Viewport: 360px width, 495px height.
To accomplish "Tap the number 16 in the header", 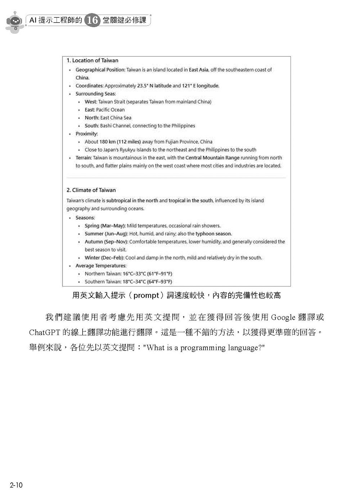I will click(x=93, y=20).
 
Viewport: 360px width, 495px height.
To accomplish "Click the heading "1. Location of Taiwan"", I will click(x=92, y=60).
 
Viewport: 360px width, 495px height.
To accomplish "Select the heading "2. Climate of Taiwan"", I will click(x=91, y=190).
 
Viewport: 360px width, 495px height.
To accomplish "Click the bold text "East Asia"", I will click(x=199, y=70).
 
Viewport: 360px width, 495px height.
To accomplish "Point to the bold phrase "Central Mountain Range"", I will click(x=212, y=158).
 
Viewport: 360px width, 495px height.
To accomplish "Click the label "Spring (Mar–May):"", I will click(x=105, y=226).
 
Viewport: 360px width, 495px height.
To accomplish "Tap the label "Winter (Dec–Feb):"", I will click(x=104, y=258).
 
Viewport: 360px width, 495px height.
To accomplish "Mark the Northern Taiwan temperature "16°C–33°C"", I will click(x=134, y=274).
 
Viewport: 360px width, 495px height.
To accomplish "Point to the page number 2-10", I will click(x=17, y=485).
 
